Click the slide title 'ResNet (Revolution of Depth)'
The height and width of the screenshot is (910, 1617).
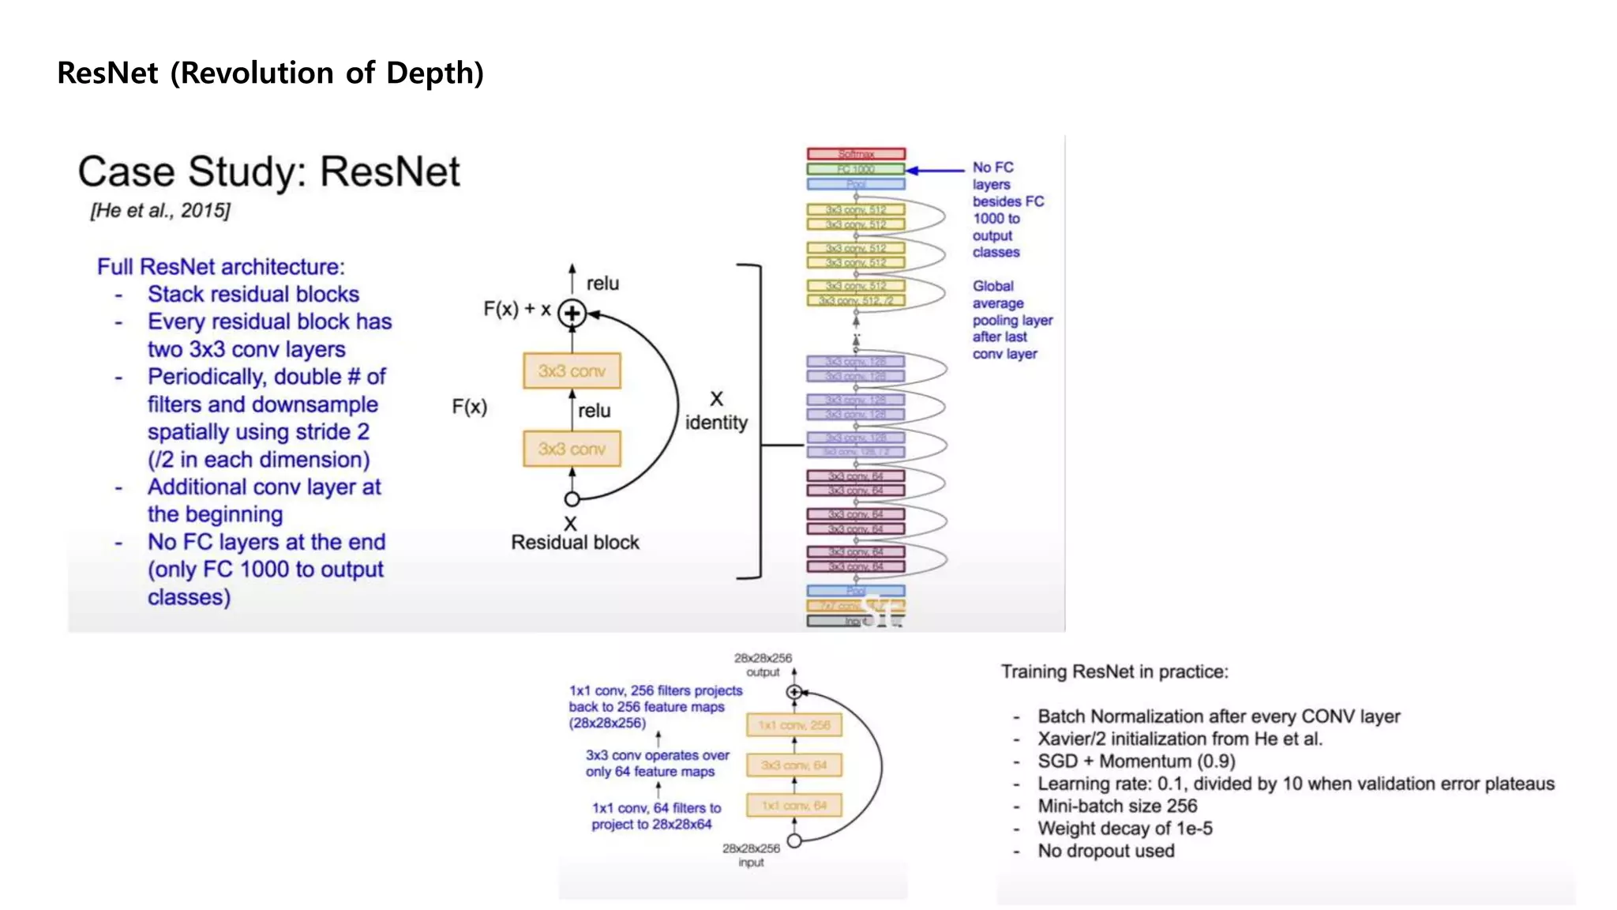click(x=270, y=73)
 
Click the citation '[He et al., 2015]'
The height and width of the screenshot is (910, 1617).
click(x=160, y=210)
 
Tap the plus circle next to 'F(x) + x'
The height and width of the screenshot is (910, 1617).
click(x=572, y=314)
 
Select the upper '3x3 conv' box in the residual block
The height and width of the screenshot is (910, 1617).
click(x=572, y=370)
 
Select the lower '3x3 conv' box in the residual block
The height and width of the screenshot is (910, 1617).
click(x=572, y=449)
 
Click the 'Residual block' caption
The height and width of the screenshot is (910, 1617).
click(x=575, y=542)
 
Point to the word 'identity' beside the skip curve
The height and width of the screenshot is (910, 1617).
click(x=716, y=423)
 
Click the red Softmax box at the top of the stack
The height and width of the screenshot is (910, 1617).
click(x=856, y=153)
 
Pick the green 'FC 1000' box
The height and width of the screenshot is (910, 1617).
click(x=856, y=169)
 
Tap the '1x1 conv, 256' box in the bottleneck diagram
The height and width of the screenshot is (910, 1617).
click(x=794, y=724)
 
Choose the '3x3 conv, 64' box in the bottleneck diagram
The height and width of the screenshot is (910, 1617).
click(x=794, y=765)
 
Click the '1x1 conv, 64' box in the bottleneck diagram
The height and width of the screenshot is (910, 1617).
click(x=794, y=805)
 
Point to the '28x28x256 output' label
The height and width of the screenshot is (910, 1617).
click(x=763, y=664)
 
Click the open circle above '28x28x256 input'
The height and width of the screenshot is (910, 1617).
click(x=794, y=841)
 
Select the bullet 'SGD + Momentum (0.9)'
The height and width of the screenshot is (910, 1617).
click(x=1136, y=761)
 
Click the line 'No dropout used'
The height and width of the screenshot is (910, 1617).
click(x=1105, y=851)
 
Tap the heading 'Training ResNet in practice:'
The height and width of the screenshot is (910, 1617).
click(x=1115, y=671)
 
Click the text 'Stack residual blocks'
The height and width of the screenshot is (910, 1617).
click(x=253, y=294)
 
